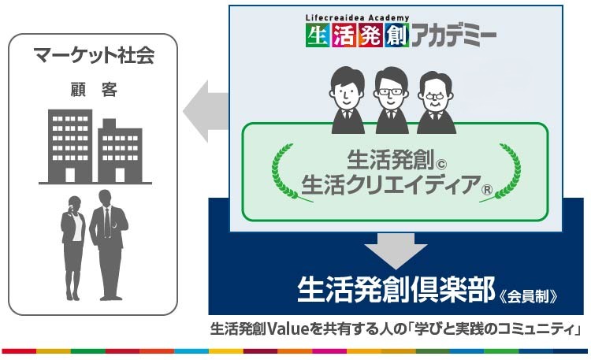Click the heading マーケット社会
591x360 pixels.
tap(94, 56)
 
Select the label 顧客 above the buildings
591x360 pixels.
tap(94, 90)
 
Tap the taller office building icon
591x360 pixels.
tap(70, 147)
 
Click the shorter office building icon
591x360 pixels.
tap(120, 151)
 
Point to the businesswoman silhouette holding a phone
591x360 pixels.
tap(73, 247)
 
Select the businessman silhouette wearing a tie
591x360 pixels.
tap(109, 245)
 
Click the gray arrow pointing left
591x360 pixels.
tap(206, 111)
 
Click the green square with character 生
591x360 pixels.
tap(318, 35)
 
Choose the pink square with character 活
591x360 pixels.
tap(344, 35)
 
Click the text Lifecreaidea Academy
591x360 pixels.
tap(357, 17)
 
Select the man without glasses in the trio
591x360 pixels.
tap(348, 100)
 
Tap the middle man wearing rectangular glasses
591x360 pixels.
tap(392, 100)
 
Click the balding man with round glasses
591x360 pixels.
tap(436, 102)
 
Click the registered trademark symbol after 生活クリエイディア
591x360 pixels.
tap(487, 189)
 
